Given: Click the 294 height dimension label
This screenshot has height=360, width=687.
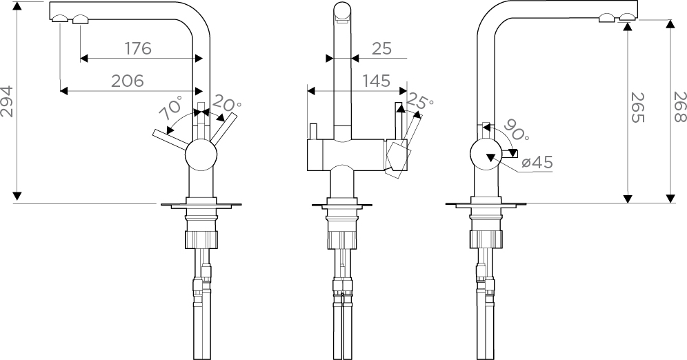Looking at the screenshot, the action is (x=7, y=101).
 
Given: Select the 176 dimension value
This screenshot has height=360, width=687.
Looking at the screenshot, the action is (x=138, y=48).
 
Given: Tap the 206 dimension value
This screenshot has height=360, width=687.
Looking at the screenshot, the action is (x=128, y=81).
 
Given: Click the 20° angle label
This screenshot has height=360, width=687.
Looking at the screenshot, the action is (x=226, y=104).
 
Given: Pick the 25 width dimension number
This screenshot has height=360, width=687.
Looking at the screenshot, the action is (x=381, y=48).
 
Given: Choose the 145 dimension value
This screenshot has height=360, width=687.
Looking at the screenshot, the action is (x=376, y=81).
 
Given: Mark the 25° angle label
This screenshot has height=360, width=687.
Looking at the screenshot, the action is (x=419, y=101).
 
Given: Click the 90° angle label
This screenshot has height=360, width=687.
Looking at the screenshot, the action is (x=517, y=130).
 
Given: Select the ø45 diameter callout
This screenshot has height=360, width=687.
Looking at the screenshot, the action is (x=537, y=163).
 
